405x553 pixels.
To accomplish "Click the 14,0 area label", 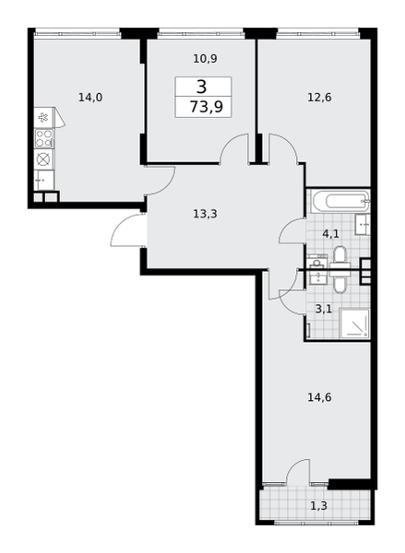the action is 90,97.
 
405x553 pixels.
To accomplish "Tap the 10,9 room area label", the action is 205,59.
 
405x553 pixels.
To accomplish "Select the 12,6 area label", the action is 319,97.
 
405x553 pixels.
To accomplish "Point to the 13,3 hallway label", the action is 205,214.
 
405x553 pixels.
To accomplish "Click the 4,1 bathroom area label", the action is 331,233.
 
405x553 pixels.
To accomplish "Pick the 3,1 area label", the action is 324,309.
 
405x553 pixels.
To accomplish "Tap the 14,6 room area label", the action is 319,397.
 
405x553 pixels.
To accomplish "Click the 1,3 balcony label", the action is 318,506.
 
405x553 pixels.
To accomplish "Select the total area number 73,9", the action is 207,106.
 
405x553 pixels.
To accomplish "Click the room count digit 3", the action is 201,87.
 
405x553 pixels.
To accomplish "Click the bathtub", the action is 341,201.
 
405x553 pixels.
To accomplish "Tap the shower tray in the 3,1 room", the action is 354,324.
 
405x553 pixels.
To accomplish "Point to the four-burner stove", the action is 44,138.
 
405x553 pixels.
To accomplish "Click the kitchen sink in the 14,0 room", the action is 44,180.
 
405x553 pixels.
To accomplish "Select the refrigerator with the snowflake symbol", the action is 44,117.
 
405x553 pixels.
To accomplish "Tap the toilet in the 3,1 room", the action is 340,281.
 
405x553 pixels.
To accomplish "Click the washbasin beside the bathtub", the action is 363,224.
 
